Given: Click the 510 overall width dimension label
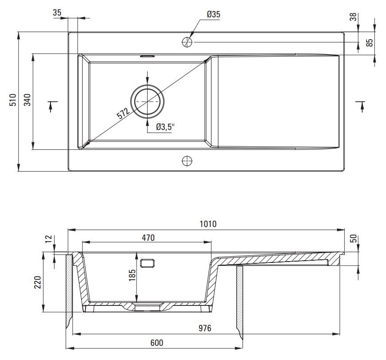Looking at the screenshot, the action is [x=12, y=100].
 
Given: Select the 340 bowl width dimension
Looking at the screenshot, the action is [x=27, y=100].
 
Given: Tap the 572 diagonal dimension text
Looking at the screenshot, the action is [x=123, y=113].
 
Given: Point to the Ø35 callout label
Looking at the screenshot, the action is [x=213, y=14].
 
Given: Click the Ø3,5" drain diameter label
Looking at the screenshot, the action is [x=165, y=127].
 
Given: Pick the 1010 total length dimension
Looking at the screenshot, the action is [x=208, y=224].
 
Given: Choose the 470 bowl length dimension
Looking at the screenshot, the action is [x=148, y=238].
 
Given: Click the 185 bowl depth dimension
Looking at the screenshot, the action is [x=132, y=275].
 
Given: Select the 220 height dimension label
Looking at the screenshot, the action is [x=37, y=282].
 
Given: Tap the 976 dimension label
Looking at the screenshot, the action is [x=205, y=328].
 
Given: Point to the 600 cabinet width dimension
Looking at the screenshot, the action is [x=156, y=343].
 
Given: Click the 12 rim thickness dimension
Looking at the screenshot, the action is [x=49, y=239].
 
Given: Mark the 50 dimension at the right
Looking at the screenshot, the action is [x=353, y=239].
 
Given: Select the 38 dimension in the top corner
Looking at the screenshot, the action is [x=353, y=17].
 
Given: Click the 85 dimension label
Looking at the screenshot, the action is [x=370, y=43].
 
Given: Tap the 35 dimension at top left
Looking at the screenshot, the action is [x=57, y=12].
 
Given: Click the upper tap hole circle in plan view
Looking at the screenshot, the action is [x=187, y=42].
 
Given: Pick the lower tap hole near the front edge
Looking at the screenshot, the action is [x=187, y=161].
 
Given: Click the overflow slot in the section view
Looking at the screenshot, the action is [x=147, y=263].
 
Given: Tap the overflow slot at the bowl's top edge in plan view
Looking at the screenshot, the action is [x=147, y=56].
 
